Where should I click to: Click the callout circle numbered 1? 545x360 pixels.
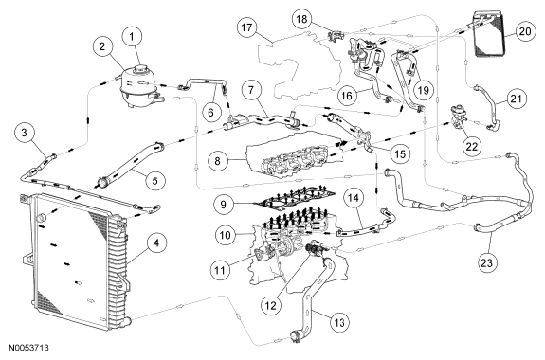pos(132,37)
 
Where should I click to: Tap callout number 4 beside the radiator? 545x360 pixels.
pos(156,243)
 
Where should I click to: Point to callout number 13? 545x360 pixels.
pos(339,323)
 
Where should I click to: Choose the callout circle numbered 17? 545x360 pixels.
pos(246,27)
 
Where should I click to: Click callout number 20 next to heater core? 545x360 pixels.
pos(524,31)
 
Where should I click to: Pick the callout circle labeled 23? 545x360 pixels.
pos(486,263)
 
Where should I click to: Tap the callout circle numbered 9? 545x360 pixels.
pos(223,205)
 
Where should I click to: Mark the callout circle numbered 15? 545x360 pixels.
pos(400,153)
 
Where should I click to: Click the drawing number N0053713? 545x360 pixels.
pos(28,348)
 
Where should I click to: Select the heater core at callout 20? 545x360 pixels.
pos(489,34)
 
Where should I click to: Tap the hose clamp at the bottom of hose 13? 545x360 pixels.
pos(294,336)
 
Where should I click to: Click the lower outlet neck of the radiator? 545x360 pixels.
pos(128,319)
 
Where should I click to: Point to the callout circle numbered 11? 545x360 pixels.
pos(220,270)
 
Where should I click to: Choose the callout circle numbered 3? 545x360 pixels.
pos(24,133)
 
